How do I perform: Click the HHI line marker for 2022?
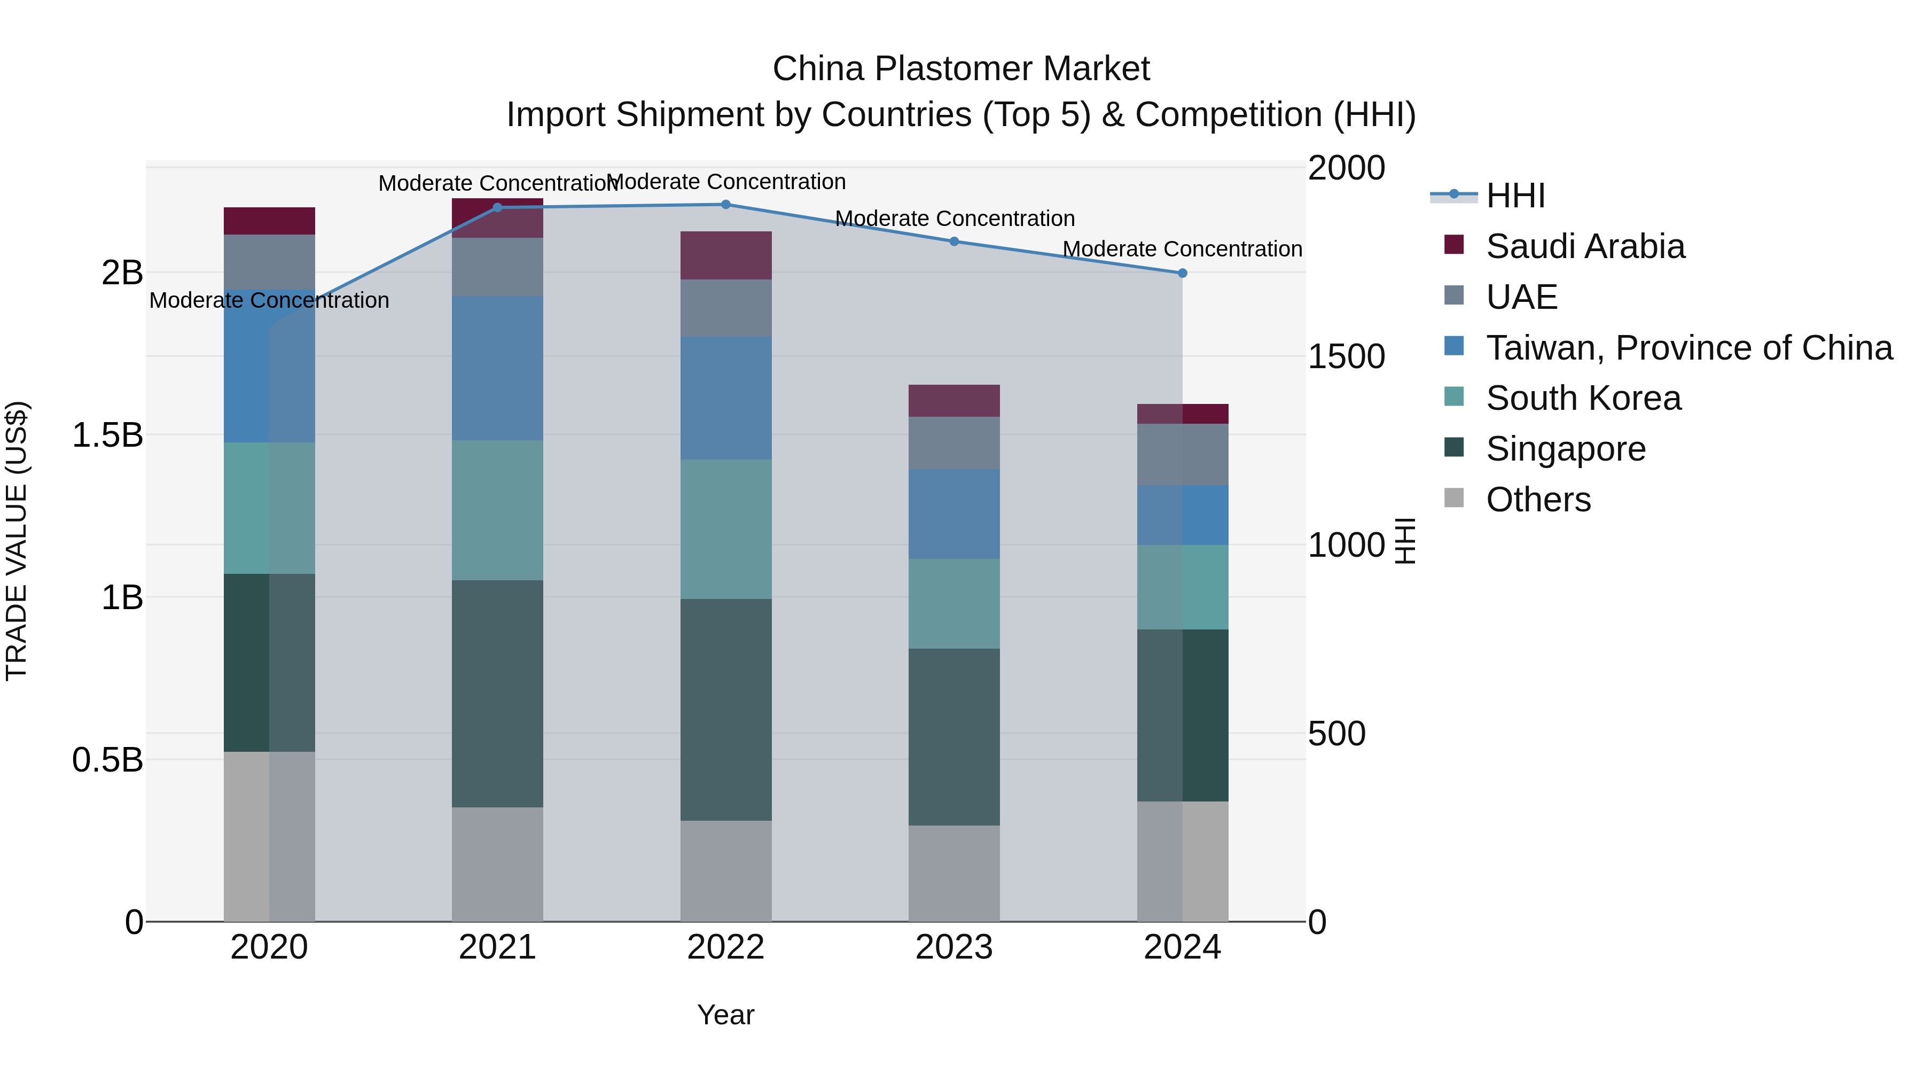725,205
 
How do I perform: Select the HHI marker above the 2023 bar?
954,241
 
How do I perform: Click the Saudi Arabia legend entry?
1584,246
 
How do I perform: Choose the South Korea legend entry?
1583,398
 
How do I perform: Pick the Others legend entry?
1538,500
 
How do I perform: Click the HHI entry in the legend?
1515,196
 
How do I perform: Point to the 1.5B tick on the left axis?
107,434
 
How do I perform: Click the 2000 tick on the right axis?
1346,168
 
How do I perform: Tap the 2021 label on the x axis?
497,947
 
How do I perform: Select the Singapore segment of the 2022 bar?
725,710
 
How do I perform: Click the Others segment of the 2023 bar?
954,873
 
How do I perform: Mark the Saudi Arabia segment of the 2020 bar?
270,221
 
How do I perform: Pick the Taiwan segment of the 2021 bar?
497,368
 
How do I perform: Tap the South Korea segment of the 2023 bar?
954,603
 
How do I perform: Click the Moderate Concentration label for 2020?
270,300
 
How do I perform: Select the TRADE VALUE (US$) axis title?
17,541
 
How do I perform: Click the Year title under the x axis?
725,1015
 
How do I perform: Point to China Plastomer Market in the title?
961,69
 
